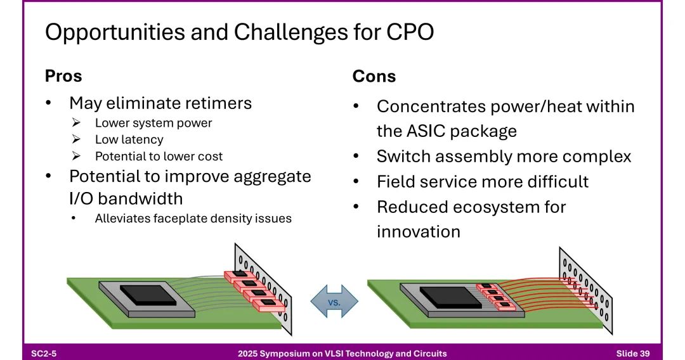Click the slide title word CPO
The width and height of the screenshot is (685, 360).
point(410,32)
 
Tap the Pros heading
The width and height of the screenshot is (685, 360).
point(63,76)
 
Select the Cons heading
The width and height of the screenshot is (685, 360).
point(374,76)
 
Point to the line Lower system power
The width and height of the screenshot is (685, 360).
point(153,123)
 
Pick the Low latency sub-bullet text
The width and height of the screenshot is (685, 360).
point(129,139)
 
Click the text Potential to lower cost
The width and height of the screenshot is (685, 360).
point(159,156)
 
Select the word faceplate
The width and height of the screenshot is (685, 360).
point(180,218)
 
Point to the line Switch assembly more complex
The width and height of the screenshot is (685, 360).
point(504,157)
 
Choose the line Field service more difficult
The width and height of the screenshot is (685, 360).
point(483,181)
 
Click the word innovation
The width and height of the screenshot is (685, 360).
point(419,232)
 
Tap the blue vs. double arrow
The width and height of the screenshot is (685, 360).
point(334,301)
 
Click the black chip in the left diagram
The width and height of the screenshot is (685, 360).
point(148,295)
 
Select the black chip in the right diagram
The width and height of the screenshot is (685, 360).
point(448,297)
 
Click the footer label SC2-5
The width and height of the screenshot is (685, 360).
point(44,354)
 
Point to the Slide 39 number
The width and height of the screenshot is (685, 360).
point(633,354)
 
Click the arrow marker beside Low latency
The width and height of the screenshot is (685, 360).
point(77,139)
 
